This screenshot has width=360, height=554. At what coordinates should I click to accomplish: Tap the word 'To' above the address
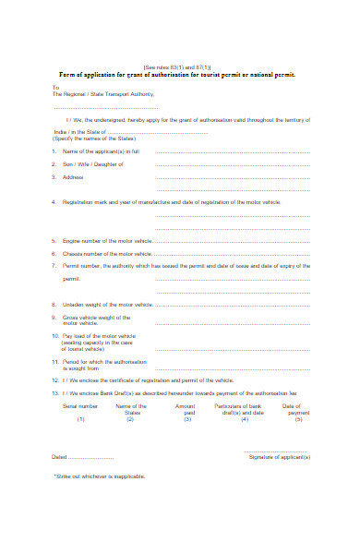(x=54, y=88)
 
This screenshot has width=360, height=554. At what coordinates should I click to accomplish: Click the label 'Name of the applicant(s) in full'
(x=101, y=151)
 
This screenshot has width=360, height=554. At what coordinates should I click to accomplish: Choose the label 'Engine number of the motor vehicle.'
(x=107, y=239)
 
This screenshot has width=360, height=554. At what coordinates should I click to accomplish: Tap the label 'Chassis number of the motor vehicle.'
(x=107, y=252)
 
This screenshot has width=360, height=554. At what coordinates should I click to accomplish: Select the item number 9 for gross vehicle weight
(x=55, y=317)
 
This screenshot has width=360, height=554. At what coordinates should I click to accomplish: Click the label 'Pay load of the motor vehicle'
(x=99, y=336)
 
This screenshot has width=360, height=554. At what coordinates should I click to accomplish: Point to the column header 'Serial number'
(x=80, y=405)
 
